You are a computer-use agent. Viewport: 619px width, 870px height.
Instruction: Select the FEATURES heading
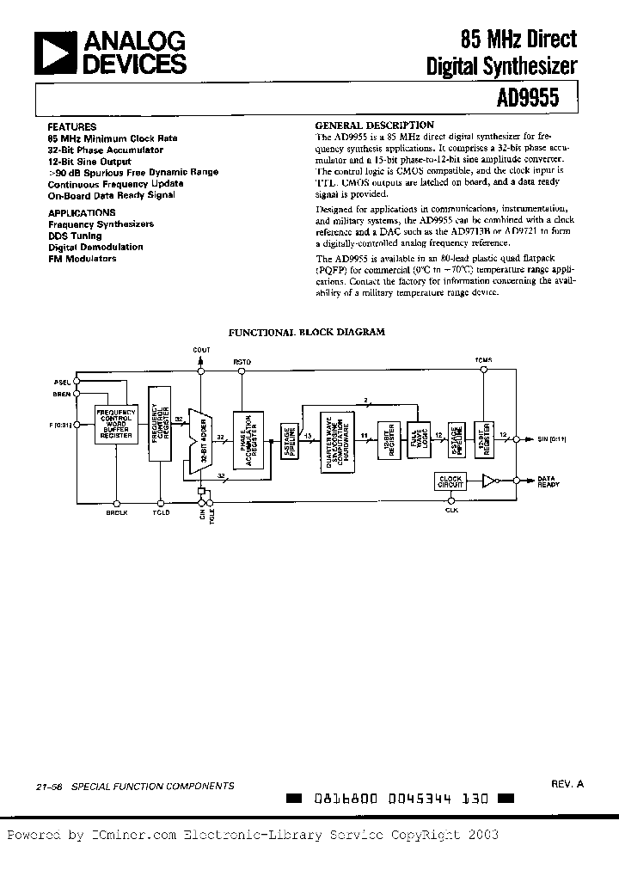coord(72,126)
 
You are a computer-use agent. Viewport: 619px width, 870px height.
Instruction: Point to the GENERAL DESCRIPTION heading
coord(375,125)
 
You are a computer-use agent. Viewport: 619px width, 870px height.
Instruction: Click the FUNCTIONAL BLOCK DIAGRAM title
coord(305,331)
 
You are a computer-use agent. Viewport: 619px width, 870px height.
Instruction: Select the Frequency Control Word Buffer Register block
coord(115,423)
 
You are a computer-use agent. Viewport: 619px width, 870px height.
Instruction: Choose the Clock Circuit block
coord(451,481)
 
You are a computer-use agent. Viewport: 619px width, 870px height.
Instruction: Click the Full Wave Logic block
coord(421,438)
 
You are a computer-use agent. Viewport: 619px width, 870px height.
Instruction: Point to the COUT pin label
coord(202,350)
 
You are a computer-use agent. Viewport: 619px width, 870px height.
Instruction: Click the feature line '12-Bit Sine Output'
coord(89,161)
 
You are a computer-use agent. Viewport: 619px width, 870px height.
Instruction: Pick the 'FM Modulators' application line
coord(82,258)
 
